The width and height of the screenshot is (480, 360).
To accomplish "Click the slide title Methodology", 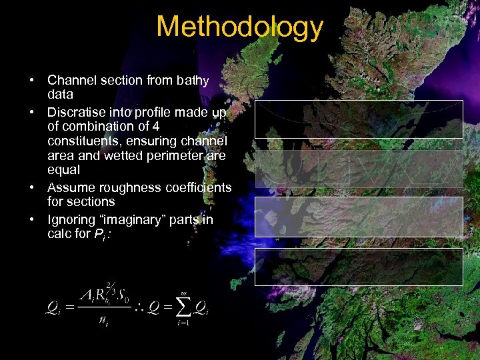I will pos(239,28).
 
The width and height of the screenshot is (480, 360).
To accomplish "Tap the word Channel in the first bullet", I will pos(71,81).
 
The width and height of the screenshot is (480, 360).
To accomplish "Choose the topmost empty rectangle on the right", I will pos(359,119).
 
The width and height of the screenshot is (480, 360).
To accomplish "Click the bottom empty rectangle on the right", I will pos(359,266).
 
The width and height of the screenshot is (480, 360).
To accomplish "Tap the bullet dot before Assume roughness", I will pos(32,187).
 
